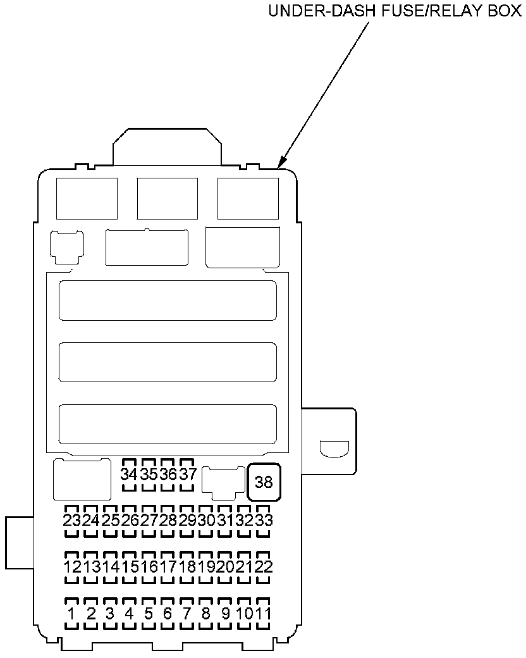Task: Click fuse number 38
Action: pos(264,482)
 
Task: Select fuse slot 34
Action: pos(129,474)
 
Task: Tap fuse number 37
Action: pos(187,474)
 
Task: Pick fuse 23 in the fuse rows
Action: pos(72,520)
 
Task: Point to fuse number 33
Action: pos(264,520)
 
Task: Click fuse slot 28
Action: pos(168,520)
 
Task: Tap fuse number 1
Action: pos(72,613)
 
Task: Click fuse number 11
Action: pos(264,613)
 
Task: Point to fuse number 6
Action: pos(168,613)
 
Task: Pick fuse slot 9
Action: pos(226,613)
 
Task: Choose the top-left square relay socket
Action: pos(87,198)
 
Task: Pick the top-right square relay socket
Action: pos(248,198)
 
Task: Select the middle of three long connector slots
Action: pos(168,363)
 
